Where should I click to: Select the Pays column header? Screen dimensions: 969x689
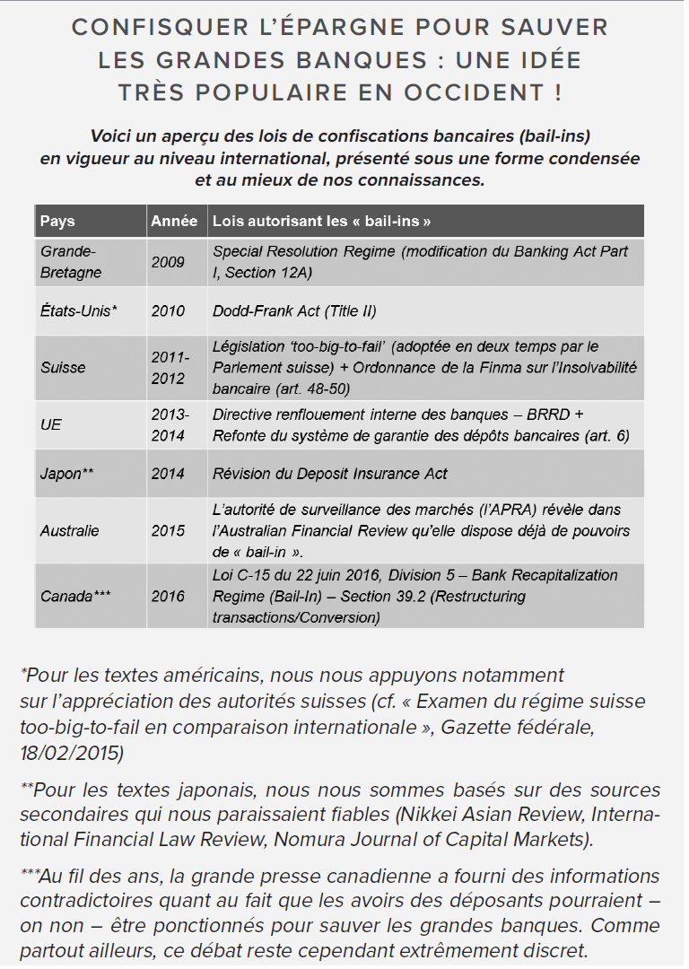pos(58,221)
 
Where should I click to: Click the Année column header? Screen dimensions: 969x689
pos(174,221)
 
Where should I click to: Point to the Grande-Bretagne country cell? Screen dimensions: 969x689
pos(71,262)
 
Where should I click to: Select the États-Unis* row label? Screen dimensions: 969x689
pos(79,311)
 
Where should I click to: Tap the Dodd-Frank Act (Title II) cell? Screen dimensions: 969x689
pos(294,311)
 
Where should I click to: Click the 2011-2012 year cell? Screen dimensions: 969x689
pos(170,368)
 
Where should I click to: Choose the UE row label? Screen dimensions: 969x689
pos(51,424)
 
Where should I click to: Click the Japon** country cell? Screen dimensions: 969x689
pos(67,473)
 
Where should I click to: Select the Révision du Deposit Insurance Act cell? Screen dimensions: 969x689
pos(330,473)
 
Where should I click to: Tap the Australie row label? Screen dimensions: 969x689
pos(70,530)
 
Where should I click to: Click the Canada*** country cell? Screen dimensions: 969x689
pos(75,596)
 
